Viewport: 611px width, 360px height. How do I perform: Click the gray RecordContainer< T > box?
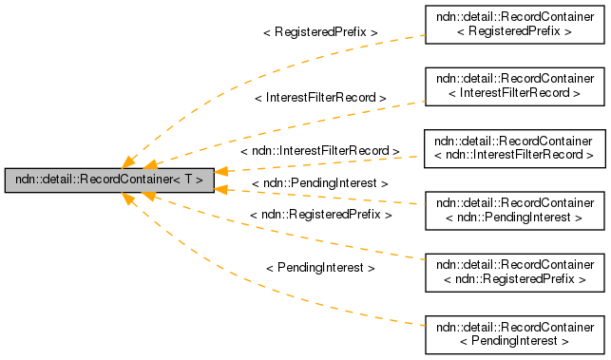(x=108, y=179)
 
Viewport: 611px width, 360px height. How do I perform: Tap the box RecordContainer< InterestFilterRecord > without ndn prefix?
(x=514, y=85)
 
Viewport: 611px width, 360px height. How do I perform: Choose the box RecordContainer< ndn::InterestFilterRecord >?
(x=514, y=147)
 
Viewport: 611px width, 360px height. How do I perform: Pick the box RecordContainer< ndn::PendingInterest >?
(x=514, y=210)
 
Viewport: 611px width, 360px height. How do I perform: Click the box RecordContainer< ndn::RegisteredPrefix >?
(x=514, y=272)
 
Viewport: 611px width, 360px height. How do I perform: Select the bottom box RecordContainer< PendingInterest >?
(x=514, y=333)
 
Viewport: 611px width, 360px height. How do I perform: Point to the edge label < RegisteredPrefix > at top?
(x=320, y=32)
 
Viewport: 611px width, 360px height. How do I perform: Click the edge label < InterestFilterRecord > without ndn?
(x=320, y=98)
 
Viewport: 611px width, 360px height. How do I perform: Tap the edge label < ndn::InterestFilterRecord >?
(x=320, y=151)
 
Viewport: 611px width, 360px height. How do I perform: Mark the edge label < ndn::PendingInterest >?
(x=320, y=182)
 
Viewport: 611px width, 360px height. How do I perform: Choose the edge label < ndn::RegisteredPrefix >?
(x=320, y=216)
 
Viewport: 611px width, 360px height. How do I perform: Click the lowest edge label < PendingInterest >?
(x=320, y=269)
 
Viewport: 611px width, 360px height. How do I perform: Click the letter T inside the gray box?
(x=188, y=179)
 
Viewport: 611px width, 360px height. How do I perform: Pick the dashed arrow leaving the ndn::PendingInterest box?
(x=380, y=199)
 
